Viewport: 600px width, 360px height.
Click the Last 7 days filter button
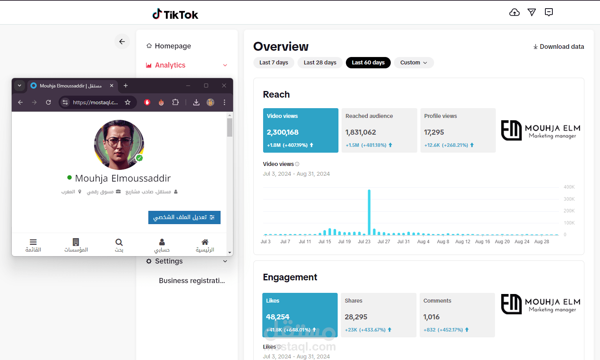coord(273,62)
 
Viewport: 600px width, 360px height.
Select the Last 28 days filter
coord(320,62)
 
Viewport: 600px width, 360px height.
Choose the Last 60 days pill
coord(368,62)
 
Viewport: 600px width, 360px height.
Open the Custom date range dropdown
coord(413,62)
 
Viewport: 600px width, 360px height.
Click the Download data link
coord(559,46)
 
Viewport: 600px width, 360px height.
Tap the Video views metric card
coord(301,130)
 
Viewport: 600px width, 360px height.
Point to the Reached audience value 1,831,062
coord(361,132)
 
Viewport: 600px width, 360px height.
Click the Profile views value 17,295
coord(434,132)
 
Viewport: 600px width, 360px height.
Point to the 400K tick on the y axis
coord(569,187)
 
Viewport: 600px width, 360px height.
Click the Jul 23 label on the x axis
coord(364,242)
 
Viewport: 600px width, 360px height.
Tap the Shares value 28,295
coord(356,317)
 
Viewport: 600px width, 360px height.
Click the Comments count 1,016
coord(431,317)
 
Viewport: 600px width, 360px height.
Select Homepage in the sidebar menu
coord(173,46)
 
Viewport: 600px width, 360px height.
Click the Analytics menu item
coord(170,65)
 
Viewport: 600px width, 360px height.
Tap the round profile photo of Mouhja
coord(119,144)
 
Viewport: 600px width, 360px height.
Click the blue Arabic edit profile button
coord(184,217)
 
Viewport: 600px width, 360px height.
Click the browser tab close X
coord(112,86)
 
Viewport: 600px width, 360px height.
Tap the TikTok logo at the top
coord(175,14)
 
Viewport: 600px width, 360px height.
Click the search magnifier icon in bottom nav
coord(119,242)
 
